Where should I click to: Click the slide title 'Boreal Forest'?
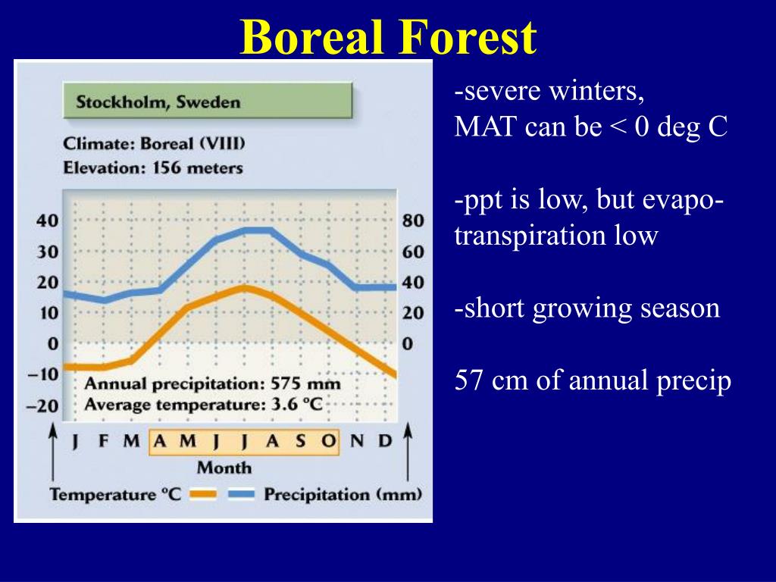coord(389,37)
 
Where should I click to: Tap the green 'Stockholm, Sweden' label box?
coord(208,101)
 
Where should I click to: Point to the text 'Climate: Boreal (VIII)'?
coord(154,143)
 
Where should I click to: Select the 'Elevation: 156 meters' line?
coord(153,167)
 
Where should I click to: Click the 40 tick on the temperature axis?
coord(47,221)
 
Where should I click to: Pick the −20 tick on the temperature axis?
coord(42,406)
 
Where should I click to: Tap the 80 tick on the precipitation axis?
coord(413,221)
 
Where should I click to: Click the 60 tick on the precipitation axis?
coord(413,252)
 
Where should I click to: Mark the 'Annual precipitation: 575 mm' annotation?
coord(212,383)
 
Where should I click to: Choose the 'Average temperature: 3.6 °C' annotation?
coord(203,405)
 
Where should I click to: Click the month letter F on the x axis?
coord(103,440)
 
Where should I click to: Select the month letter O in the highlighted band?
coord(329,440)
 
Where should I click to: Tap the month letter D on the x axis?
coord(385,440)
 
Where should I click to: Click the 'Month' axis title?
coord(224,468)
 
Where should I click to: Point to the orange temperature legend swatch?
coord(203,494)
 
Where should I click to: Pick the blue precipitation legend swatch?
coord(242,494)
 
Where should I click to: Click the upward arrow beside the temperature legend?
coord(52,452)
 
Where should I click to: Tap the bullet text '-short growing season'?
coord(587,308)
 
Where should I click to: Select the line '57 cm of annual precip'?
coord(593,380)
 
